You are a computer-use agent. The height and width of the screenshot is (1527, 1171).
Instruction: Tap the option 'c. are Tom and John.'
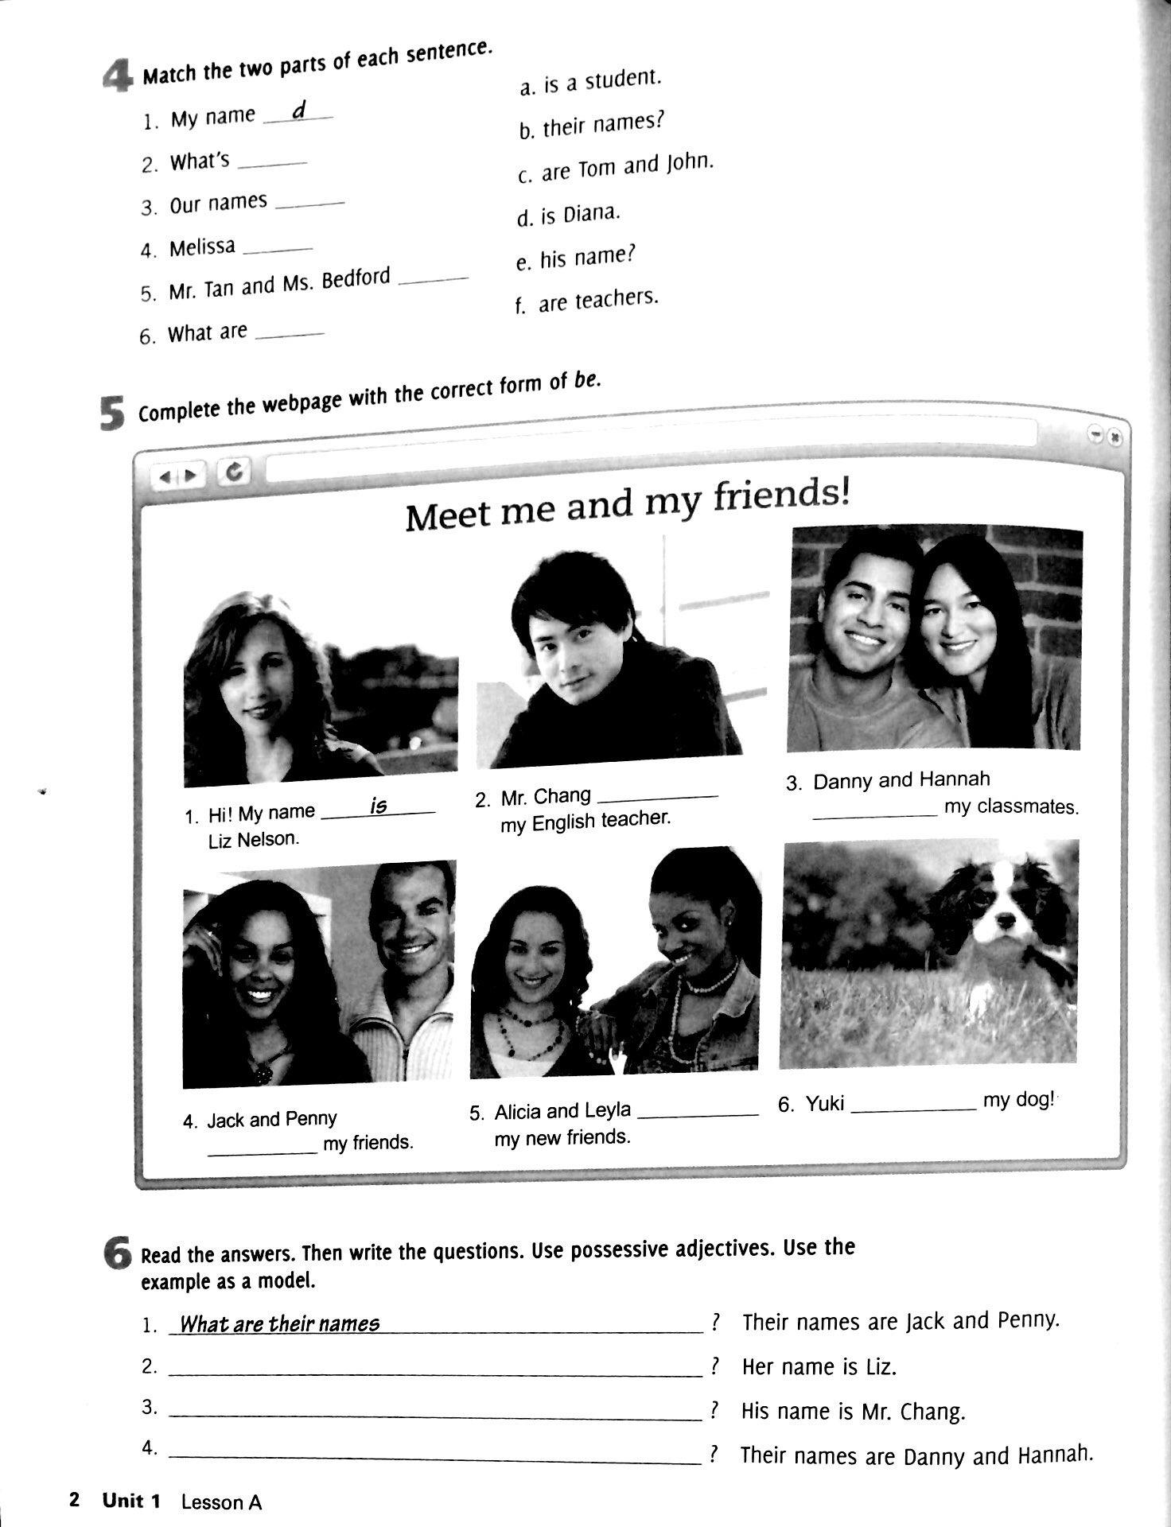pyautogui.click(x=615, y=168)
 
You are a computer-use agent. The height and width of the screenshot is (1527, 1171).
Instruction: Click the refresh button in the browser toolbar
pyautogui.click(x=234, y=472)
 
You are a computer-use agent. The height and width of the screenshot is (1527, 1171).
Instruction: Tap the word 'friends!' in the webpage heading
pyautogui.click(x=781, y=498)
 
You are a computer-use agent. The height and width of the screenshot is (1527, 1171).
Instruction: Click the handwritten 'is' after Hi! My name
pyautogui.click(x=378, y=806)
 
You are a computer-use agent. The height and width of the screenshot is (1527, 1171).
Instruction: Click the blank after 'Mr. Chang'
pyautogui.click(x=656, y=796)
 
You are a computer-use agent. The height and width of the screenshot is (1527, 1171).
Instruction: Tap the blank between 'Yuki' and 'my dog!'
pyautogui.click(x=912, y=1107)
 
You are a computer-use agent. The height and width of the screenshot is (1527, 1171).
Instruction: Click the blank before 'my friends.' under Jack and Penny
pyautogui.click(x=263, y=1152)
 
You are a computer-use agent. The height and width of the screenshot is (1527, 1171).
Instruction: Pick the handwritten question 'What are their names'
pyautogui.click(x=279, y=1324)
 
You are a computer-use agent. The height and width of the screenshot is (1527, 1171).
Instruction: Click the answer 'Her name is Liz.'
pyautogui.click(x=819, y=1367)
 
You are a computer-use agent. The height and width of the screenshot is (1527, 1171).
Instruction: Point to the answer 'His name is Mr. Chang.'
pyautogui.click(x=853, y=1412)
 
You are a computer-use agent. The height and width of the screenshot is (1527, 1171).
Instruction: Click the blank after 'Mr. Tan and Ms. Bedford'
pyautogui.click(x=433, y=280)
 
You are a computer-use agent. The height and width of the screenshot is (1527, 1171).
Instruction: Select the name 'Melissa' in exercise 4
pyautogui.click(x=202, y=248)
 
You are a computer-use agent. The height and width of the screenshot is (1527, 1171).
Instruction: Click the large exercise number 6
pyautogui.click(x=117, y=1254)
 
